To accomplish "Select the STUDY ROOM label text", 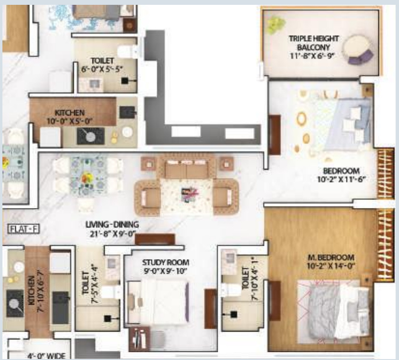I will (x=166, y=263).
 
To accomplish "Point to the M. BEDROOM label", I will (x=334, y=257).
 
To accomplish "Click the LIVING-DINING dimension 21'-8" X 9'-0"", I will (x=113, y=233).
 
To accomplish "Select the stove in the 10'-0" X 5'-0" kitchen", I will (x=90, y=137).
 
